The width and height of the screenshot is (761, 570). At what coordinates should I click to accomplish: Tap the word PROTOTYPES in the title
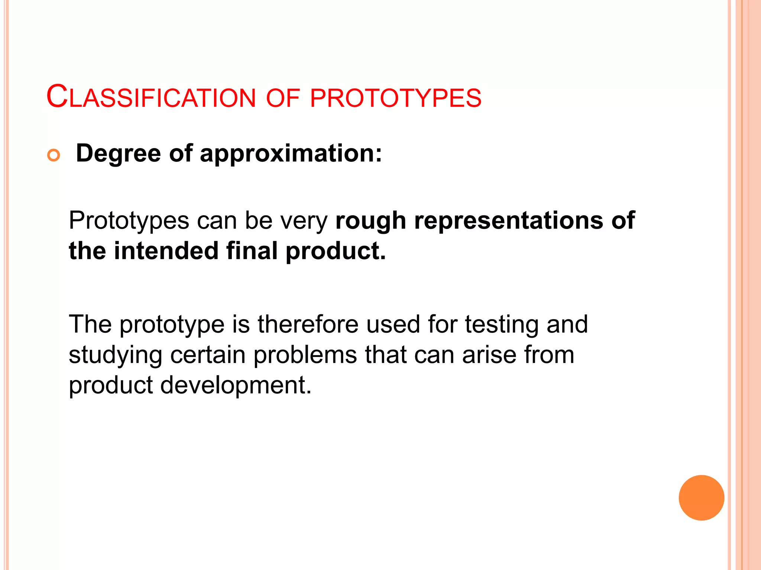[x=395, y=98]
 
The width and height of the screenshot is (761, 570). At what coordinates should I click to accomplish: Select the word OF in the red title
[x=283, y=98]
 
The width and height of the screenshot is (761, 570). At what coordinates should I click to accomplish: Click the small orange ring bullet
[x=54, y=155]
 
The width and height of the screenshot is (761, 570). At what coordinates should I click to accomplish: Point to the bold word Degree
[x=118, y=154]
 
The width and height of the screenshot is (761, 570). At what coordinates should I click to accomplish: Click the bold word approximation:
[x=291, y=154]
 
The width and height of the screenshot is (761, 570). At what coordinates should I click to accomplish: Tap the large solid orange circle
[x=701, y=498]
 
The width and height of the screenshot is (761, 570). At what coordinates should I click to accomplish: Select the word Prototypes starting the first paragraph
[x=129, y=221]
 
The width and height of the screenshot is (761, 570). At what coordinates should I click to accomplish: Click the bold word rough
[x=370, y=221]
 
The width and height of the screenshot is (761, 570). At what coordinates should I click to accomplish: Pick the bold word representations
[x=509, y=221]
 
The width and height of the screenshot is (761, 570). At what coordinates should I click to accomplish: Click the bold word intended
[x=166, y=251]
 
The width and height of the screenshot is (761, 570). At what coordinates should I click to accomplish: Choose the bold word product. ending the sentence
[x=336, y=252]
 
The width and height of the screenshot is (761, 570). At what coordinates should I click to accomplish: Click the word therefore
[x=308, y=324]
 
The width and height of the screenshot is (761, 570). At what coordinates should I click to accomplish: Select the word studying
[x=115, y=356]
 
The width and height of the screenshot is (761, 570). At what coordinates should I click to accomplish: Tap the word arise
[x=489, y=355]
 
